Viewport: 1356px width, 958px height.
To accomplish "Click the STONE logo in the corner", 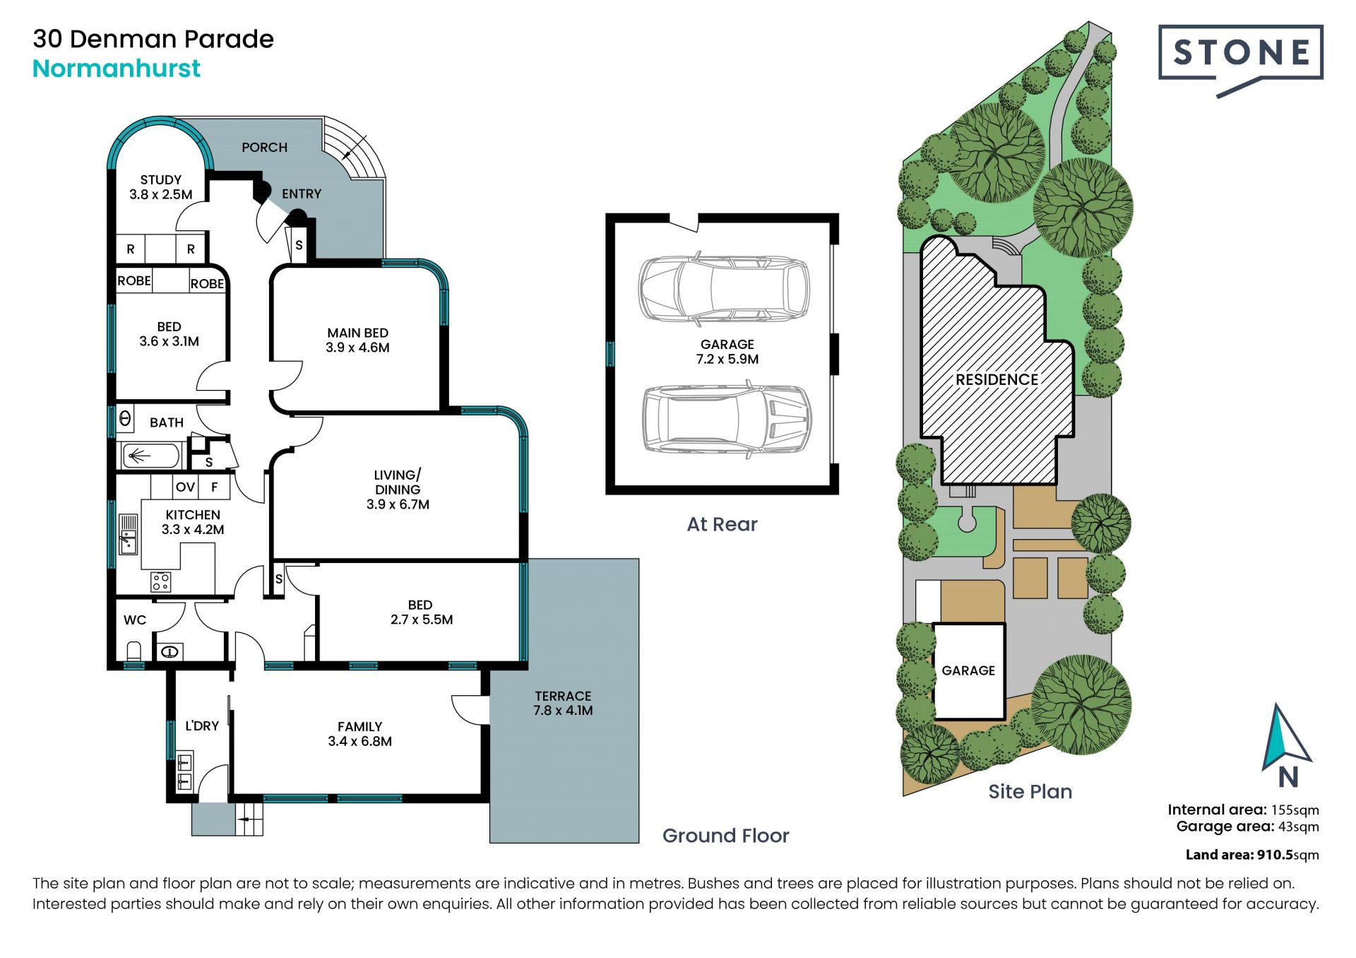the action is click(1241, 60).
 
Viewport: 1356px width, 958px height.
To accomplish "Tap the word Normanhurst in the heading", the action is click(117, 69).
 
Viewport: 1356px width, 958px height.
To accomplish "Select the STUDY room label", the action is click(161, 179).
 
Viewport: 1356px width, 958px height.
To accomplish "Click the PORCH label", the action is click(265, 147).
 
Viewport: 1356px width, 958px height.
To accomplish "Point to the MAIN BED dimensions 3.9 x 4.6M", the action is click(357, 348).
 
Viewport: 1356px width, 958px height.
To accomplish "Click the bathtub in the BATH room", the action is click(151, 456).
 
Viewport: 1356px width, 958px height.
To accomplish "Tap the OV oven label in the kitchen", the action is click(185, 487).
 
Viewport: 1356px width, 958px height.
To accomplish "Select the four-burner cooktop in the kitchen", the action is click(160, 581).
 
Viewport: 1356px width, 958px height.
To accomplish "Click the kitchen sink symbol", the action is click(128, 534).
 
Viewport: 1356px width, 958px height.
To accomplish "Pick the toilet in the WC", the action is click(133, 650).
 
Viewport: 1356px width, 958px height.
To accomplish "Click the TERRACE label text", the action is click(563, 696).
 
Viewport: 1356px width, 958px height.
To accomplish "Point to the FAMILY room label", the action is click(359, 726).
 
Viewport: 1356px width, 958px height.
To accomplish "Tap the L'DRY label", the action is click(202, 726).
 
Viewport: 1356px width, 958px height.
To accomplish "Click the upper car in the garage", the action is click(724, 288).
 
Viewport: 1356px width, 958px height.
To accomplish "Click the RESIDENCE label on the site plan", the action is click(997, 379).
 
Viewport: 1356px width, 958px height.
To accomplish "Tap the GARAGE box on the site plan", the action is click(969, 671).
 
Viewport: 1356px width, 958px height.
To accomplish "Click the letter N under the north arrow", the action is click(1288, 777).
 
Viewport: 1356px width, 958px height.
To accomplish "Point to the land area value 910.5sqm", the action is click(1288, 855).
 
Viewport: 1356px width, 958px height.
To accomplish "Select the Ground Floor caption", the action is click(725, 836).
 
